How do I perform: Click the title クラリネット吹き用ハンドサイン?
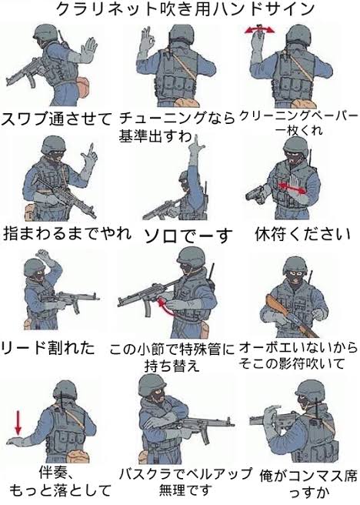coord(185,10)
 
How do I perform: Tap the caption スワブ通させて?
coord(56,119)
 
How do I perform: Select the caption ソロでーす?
coord(188,236)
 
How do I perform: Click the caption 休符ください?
coord(302,234)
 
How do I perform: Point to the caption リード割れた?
coord(48,348)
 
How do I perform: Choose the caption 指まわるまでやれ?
coord(67,233)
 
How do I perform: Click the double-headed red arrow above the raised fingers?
coord(260,30)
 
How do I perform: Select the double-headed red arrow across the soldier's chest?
coord(292,188)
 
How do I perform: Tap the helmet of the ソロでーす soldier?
coord(185,176)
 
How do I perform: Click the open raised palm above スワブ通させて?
coord(87,49)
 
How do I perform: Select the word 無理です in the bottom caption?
coord(185,490)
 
